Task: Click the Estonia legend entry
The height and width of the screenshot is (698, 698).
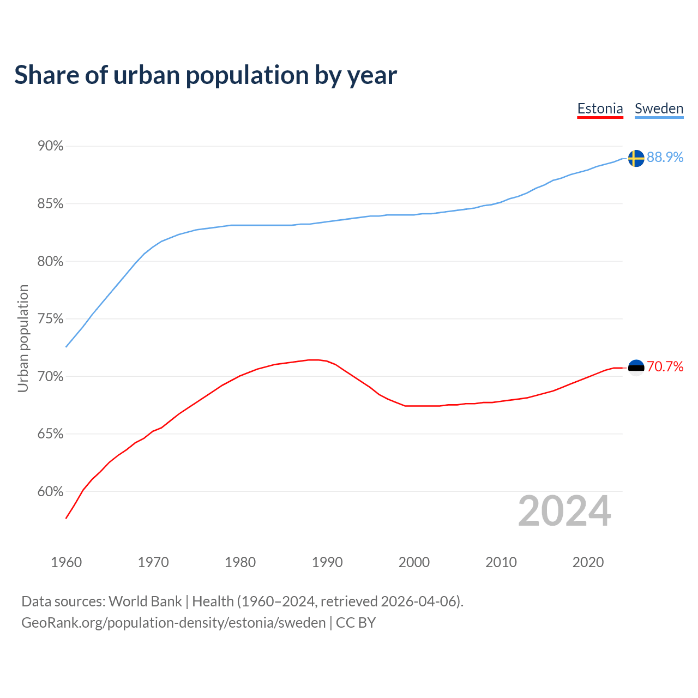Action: coord(600,109)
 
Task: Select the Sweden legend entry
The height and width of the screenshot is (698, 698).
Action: coord(659,109)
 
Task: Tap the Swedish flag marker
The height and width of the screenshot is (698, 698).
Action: coord(636,158)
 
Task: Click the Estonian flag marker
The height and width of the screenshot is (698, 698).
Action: coord(636,368)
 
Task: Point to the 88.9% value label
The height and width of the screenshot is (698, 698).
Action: coord(665,157)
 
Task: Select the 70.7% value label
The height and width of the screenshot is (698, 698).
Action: coord(665,366)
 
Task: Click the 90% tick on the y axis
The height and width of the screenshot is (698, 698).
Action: coord(51,146)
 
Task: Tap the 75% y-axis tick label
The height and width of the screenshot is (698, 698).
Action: coord(51,319)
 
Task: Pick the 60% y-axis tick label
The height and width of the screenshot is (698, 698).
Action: coord(51,492)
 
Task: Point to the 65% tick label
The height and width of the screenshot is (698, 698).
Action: coord(51,434)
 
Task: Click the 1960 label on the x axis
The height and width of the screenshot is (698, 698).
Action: coord(67,562)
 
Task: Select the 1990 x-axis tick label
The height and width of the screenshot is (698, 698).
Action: coord(327,562)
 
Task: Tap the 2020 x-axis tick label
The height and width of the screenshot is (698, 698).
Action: coord(588,562)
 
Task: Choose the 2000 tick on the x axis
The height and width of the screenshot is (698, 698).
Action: coord(414,562)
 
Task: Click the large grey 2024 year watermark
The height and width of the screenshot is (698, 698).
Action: coord(564,511)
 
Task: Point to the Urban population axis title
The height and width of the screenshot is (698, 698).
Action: coord(23,338)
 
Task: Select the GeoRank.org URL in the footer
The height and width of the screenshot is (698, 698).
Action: coord(173,623)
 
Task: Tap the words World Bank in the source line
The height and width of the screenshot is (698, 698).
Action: coord(145,601)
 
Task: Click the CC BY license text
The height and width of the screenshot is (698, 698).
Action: coord(356,623)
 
